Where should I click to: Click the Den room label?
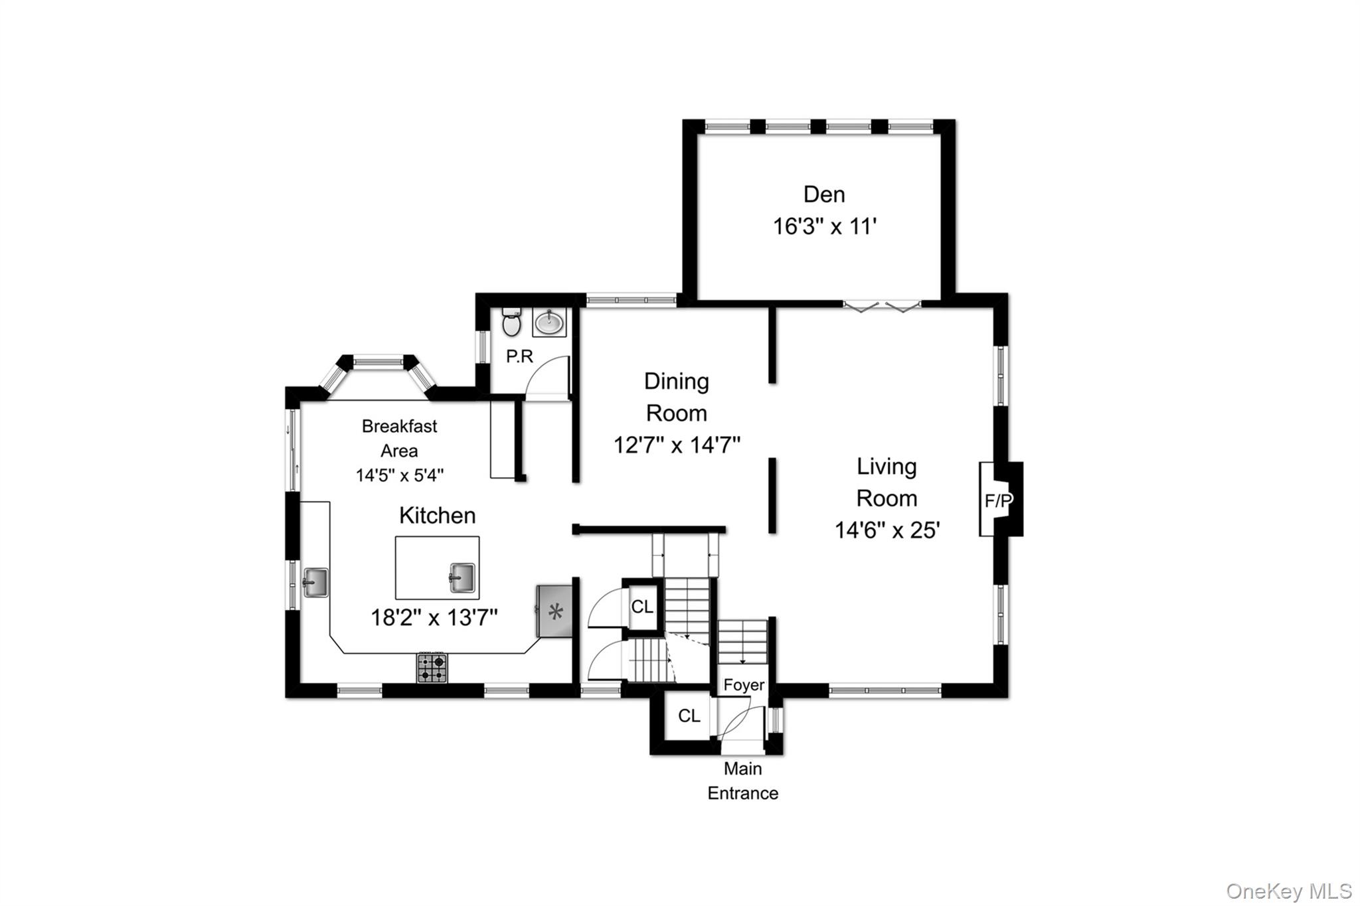824,194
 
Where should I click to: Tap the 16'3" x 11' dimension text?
825,227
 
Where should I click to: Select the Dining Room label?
677,397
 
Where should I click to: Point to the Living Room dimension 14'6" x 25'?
887,530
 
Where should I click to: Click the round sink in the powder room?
549,323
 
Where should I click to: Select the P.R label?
519,356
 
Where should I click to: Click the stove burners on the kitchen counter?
432,668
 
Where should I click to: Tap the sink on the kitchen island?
462,577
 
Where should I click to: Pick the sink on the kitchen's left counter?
315,582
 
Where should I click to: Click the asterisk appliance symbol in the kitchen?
555,611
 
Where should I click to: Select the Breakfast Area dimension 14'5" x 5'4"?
400,476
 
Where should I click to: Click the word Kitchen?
438,516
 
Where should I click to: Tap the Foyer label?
744,685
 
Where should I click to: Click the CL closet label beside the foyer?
689,716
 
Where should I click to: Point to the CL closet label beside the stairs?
642,607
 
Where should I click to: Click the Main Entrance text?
743,781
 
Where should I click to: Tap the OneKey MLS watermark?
1289,891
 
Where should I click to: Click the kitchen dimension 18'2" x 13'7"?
434,618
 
